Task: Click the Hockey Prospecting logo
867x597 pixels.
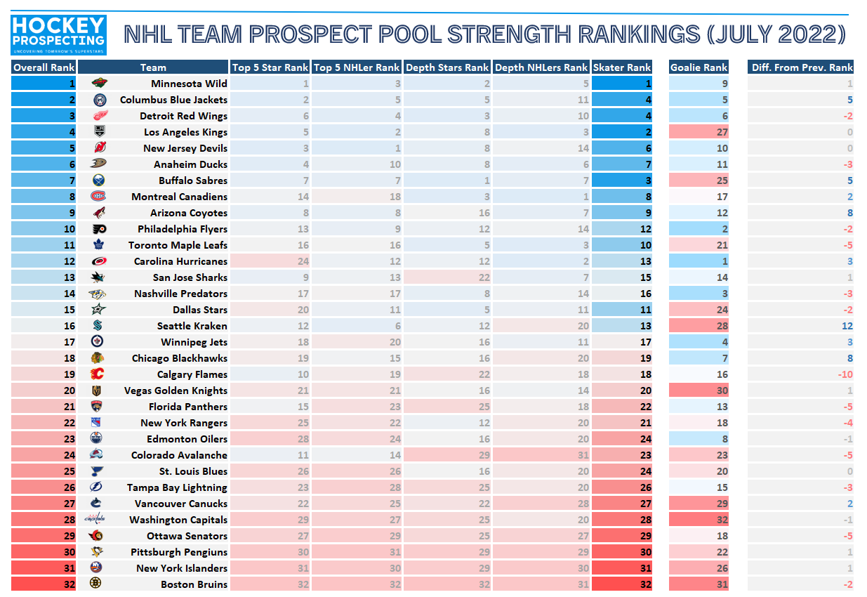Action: (59, 35)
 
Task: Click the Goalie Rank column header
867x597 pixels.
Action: (699, 67)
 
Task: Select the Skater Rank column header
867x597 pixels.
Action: (622, 67)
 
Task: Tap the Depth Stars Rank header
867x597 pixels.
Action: (447, 67)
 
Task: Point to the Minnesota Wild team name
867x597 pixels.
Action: (189, 84)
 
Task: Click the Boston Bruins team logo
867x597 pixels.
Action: (98, 584)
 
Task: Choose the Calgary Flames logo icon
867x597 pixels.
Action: (98, 374)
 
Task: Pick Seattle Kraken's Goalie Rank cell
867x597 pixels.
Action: (699, 326)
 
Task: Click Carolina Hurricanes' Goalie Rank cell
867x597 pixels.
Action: (699, 261)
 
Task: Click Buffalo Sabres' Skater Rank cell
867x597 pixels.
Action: (622, 181)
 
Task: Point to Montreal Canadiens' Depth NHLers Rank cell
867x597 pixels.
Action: (541, 197)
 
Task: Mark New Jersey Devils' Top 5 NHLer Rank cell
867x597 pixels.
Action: (357, 148)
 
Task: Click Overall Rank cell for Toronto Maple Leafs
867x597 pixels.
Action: (44, 245)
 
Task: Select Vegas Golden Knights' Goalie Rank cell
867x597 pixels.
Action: (699, 391)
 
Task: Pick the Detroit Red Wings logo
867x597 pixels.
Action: (100, 116)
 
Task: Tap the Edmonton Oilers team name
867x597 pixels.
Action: (184, 439)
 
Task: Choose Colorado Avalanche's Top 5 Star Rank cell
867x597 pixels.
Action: (270, 455)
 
